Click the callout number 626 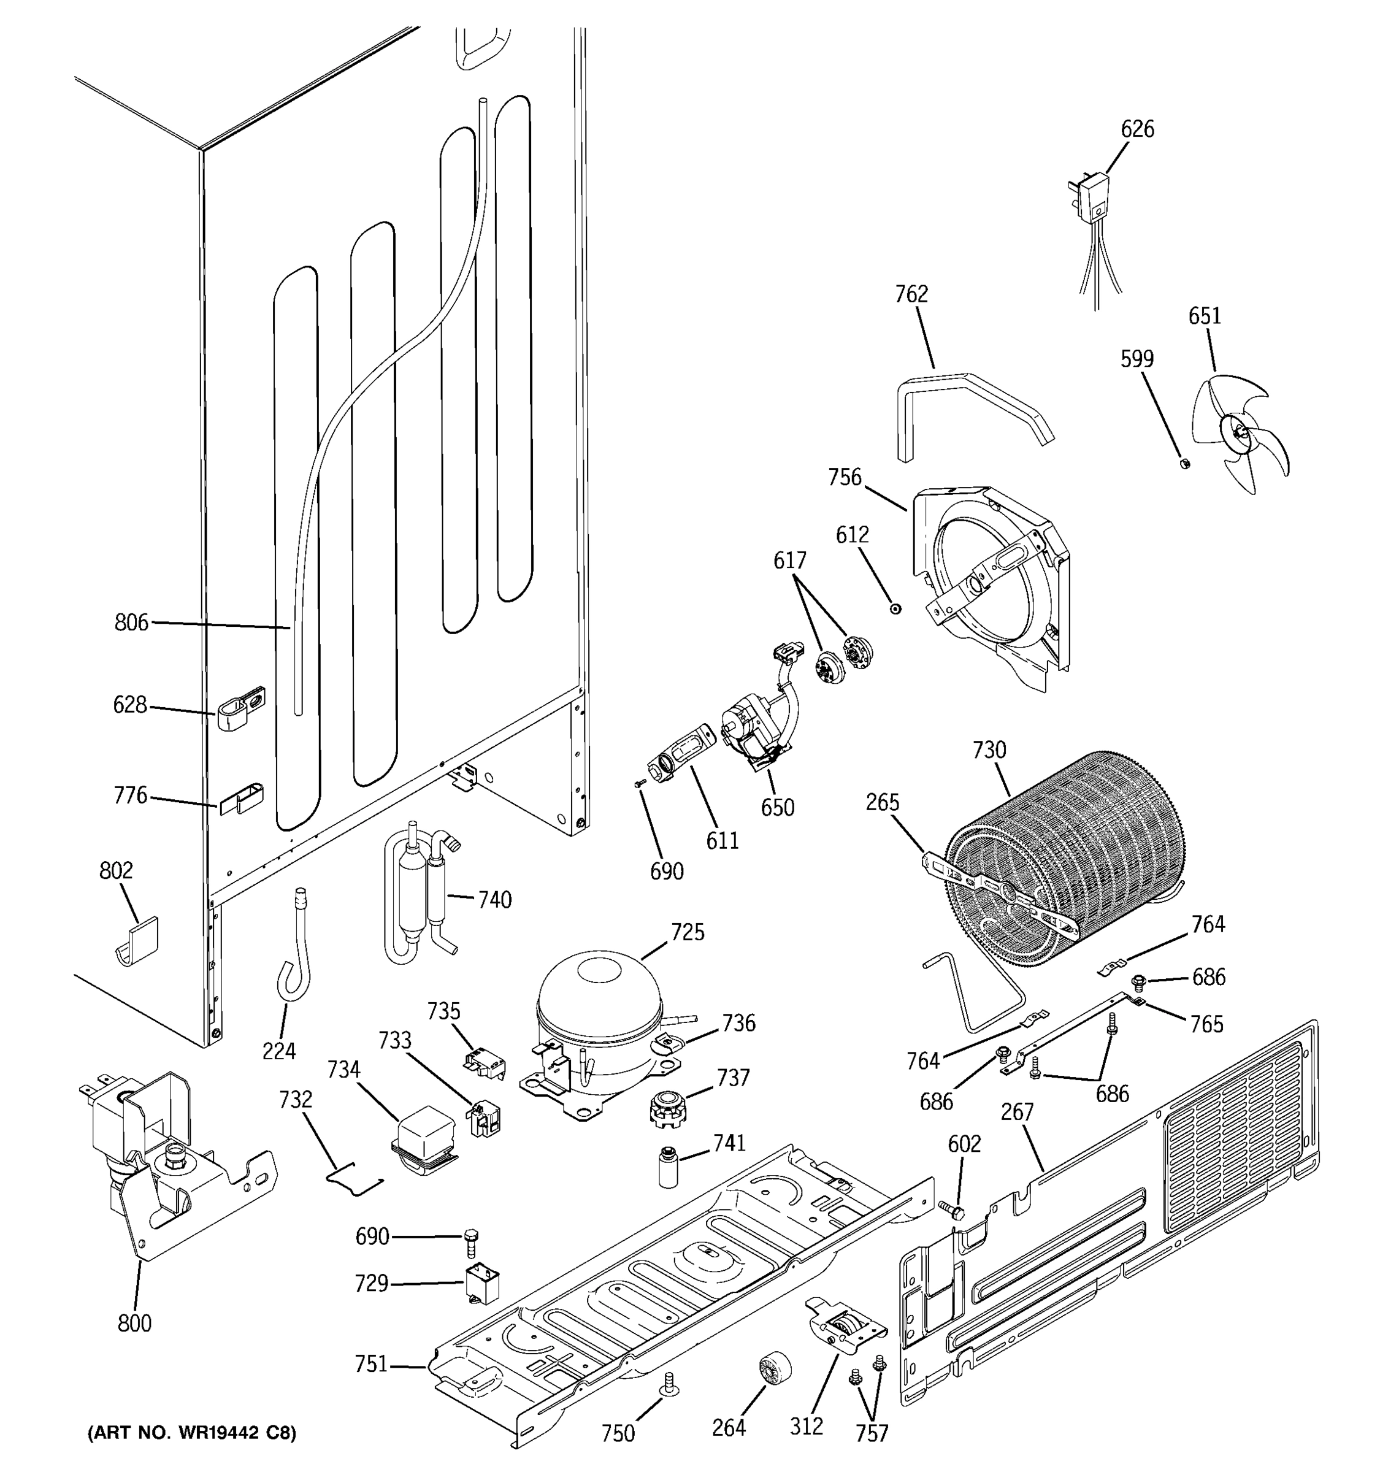[x=1137, y=129]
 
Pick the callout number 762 [x=911, y=294]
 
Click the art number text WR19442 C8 [x=192, y=1433]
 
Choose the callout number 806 [x=131, y=623]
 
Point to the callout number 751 [x=371, y=1364]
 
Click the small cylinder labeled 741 [x=669, y=1166]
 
